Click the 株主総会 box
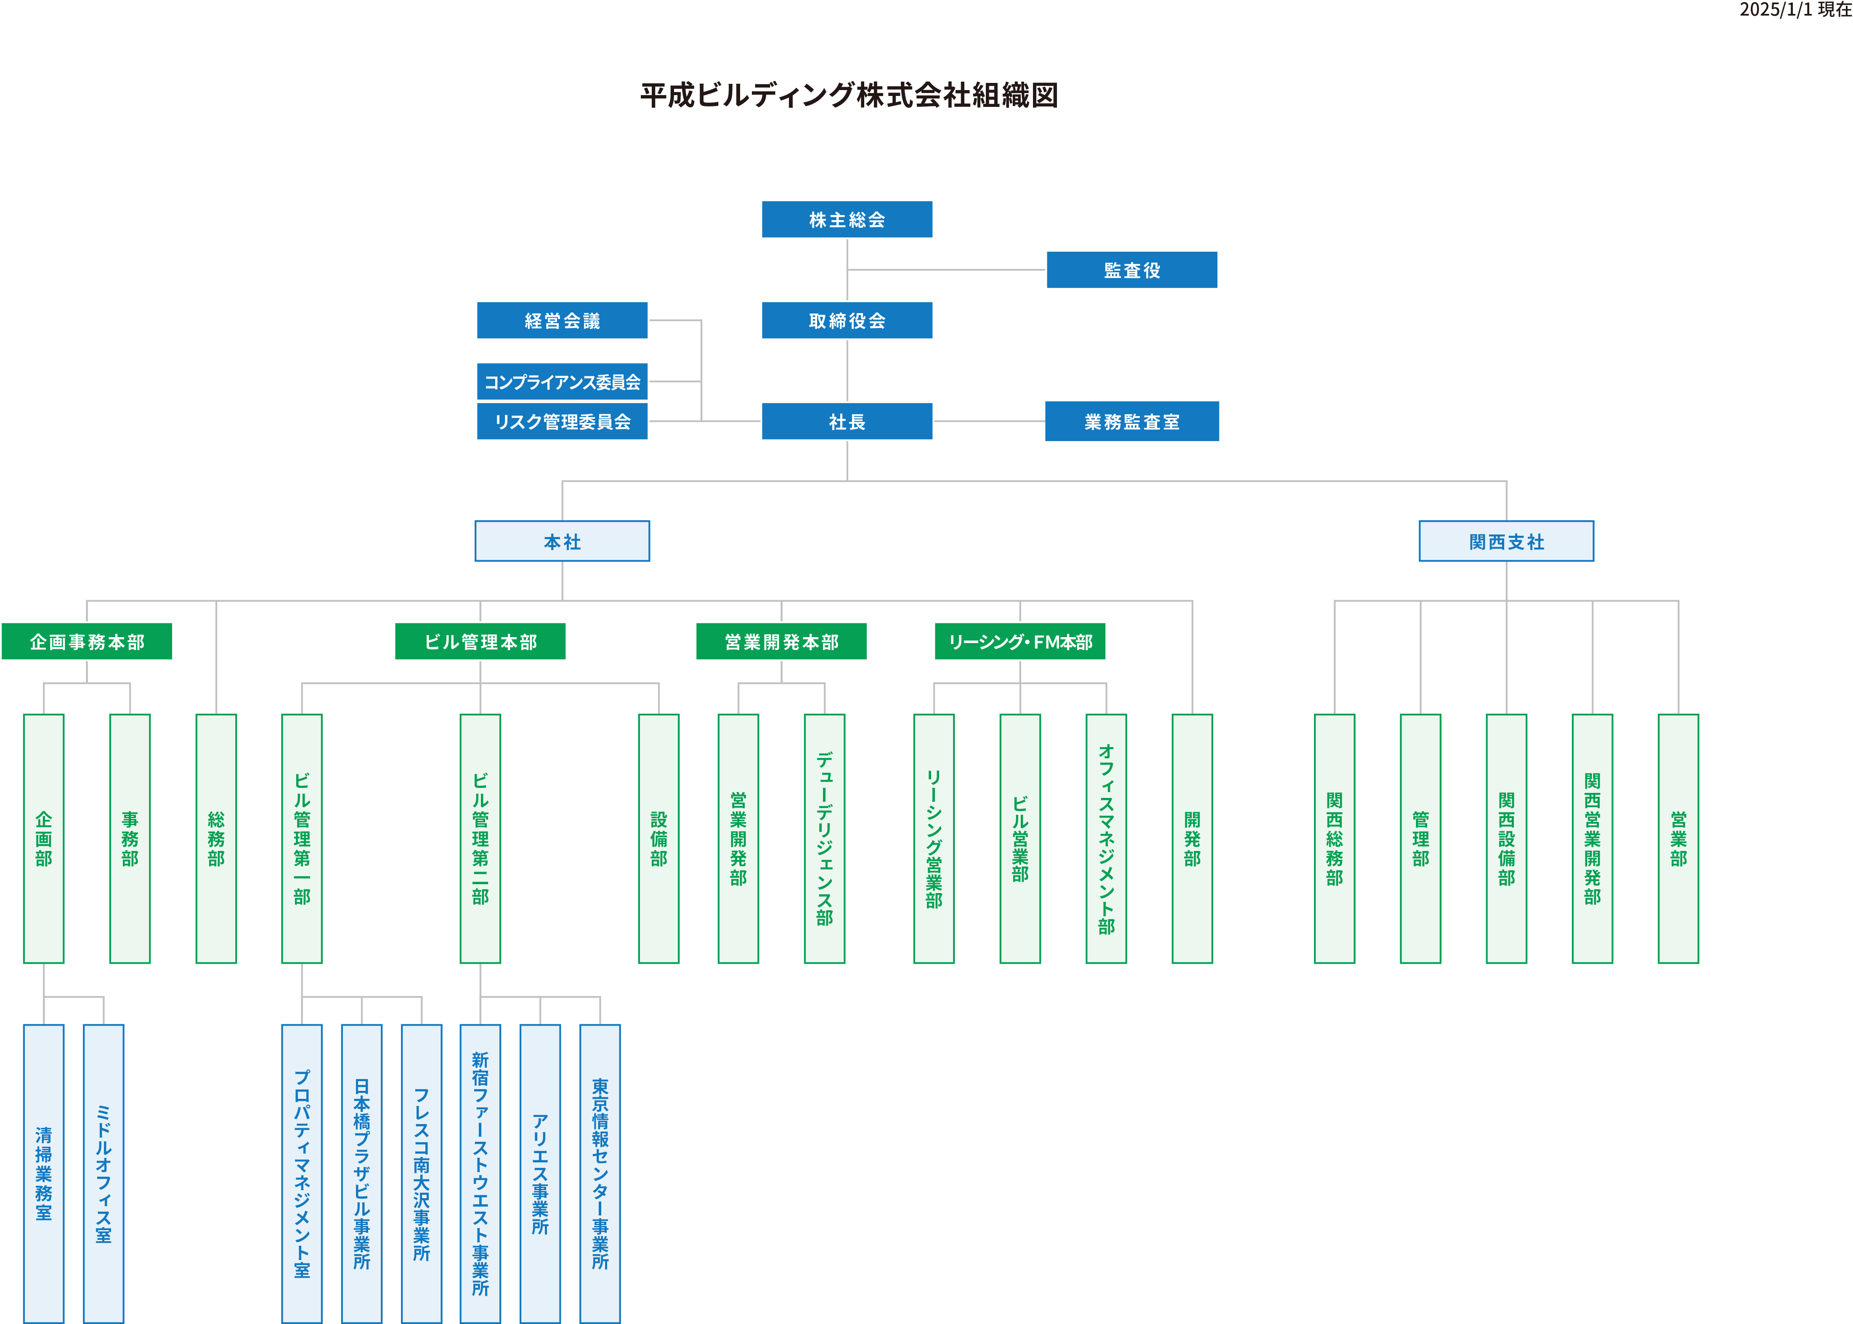click(x=847, y=219)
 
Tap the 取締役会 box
click(x=847, y=320)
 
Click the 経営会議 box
click(x=562, y=320)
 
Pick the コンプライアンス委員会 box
click(x=562, y=382)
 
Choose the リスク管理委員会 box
click(x=562, y=422)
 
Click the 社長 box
click(x=847, y=422)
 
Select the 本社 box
click(x=562, y=541)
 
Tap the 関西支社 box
click(x=1506, y=541)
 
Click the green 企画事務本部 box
click(x=87, y=642)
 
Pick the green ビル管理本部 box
click(x=480, y=642)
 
